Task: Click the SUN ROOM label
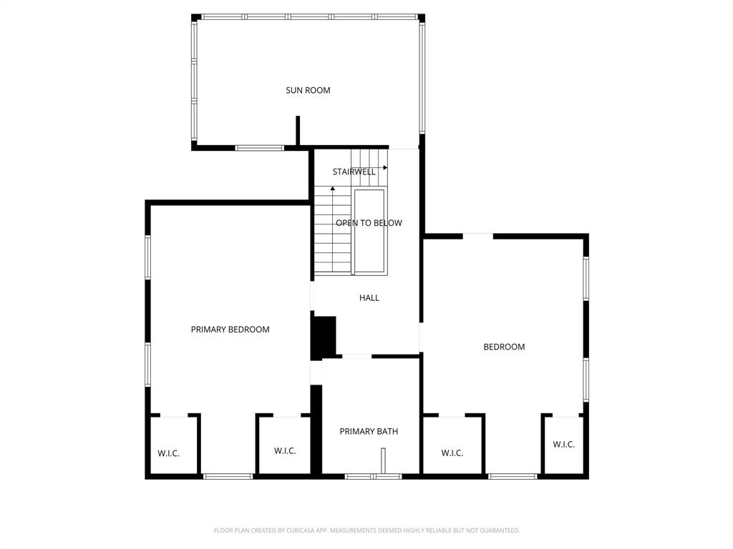pyautogui.click(x=308, y=91)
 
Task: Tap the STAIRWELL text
pyautogui.click(x=354, y=172)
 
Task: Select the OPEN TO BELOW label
pyautogui.click(x=369, y=223)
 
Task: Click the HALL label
pyautogui.click(x=369, y=298)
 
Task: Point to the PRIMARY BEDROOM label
pyautogui.click(x=230, y=330)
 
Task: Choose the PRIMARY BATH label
pyautogui.click(x=369, y=432)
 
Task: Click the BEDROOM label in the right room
pyautogui.click(x=504, y=347)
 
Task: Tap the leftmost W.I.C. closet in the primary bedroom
pyautogui.click(x=168, y=453)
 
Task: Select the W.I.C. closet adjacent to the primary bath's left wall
pyautogui.click(x=285, y=451)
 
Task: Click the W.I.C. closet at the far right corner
pyautogui.click(x=563, y=445)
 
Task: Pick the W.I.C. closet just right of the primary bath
pyautogui.click(x=452, y=453)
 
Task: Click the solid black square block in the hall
pyautogui.click(x=324, y=337)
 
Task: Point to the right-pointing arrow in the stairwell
pyautogui.click(x=384, y=167)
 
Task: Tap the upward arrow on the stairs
pyautogui.click(x=333, y=189)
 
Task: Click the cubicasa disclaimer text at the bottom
pyautogui.click(x=366, y=530)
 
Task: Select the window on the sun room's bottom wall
pyautogui.click(x=259, y=148)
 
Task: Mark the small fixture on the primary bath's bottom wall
pyautogui.click(x=383, y=460)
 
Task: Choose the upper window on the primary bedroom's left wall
pyautogui.click(x=148, y=257)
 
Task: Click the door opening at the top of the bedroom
pyautogui.click(x=477, y=235)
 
